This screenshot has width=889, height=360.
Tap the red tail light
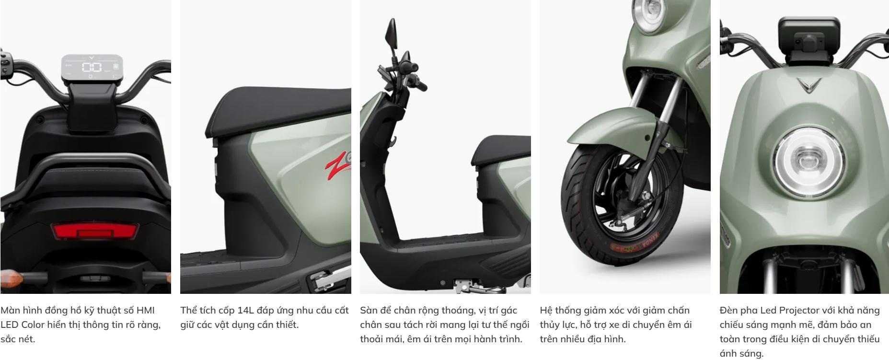95,232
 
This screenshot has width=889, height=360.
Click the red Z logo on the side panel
338,163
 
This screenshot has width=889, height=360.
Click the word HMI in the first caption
146,310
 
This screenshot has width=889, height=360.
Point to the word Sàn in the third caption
369,310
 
